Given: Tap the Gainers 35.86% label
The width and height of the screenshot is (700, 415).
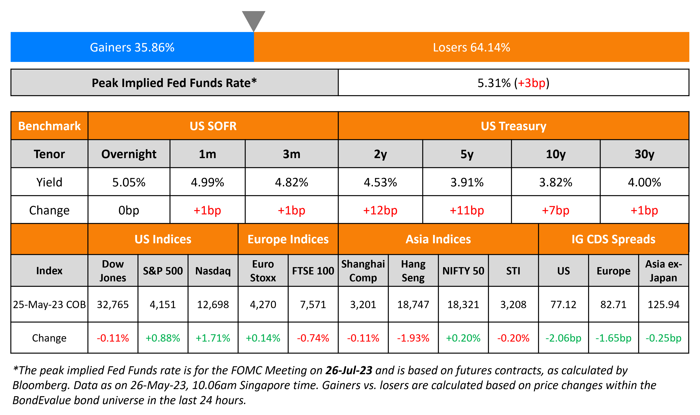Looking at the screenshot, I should [x=132, y=47].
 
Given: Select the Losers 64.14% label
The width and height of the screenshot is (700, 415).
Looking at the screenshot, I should [x=471, y=47].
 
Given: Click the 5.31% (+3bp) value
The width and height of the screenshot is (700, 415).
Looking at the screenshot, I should [x=513, y=83].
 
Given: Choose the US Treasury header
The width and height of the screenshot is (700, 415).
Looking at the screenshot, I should [x=513, y=126].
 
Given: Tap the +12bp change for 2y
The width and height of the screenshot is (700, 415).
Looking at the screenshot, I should [x=380, y=210].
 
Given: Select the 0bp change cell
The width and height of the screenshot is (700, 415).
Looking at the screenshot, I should [x=129, y=210].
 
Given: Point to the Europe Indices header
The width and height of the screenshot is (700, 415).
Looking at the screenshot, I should [x=288, y=239].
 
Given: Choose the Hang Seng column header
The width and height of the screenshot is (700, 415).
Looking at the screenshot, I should [x=413, y=271].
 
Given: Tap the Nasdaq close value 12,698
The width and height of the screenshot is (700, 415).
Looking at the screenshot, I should [x=213, y=304].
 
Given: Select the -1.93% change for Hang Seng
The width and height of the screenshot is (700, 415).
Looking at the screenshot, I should [x=413, y=338].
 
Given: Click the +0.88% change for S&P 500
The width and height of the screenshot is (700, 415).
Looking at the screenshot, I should [x=163, y=338].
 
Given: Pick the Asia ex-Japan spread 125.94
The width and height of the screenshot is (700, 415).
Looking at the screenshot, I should [x=663, y=304].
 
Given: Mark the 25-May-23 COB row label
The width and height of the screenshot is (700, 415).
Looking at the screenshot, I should [x=49, y=304].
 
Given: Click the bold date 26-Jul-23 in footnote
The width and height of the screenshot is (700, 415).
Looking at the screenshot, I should [x=349, y=370].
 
